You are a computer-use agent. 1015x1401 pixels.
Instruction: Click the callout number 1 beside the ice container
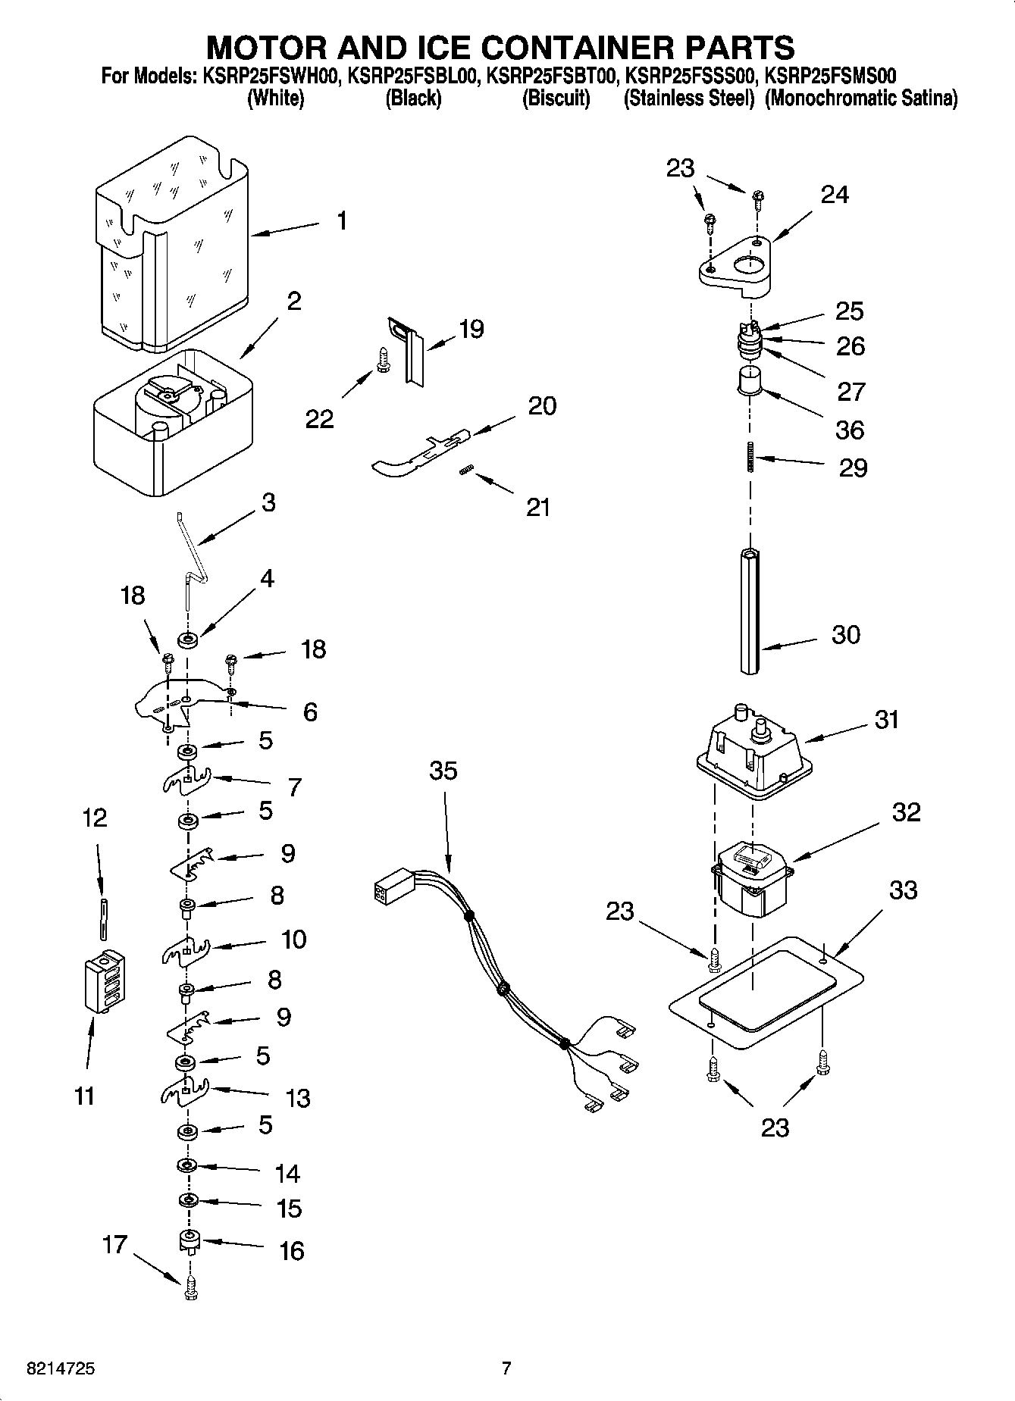342,221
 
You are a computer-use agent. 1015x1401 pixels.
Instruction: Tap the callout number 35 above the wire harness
443,771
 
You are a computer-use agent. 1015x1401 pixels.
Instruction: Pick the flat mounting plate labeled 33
766,993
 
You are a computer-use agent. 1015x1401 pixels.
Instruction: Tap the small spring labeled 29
750,457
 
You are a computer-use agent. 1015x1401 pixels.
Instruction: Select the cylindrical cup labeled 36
750,380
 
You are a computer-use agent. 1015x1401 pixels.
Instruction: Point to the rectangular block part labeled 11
104,980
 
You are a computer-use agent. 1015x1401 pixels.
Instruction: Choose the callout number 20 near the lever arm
542,406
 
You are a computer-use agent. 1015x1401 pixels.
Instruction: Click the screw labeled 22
384,359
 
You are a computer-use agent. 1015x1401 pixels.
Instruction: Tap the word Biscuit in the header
556,99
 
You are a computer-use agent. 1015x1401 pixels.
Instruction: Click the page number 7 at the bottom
506,1368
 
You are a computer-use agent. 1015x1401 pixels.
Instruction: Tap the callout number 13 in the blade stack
298,1098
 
